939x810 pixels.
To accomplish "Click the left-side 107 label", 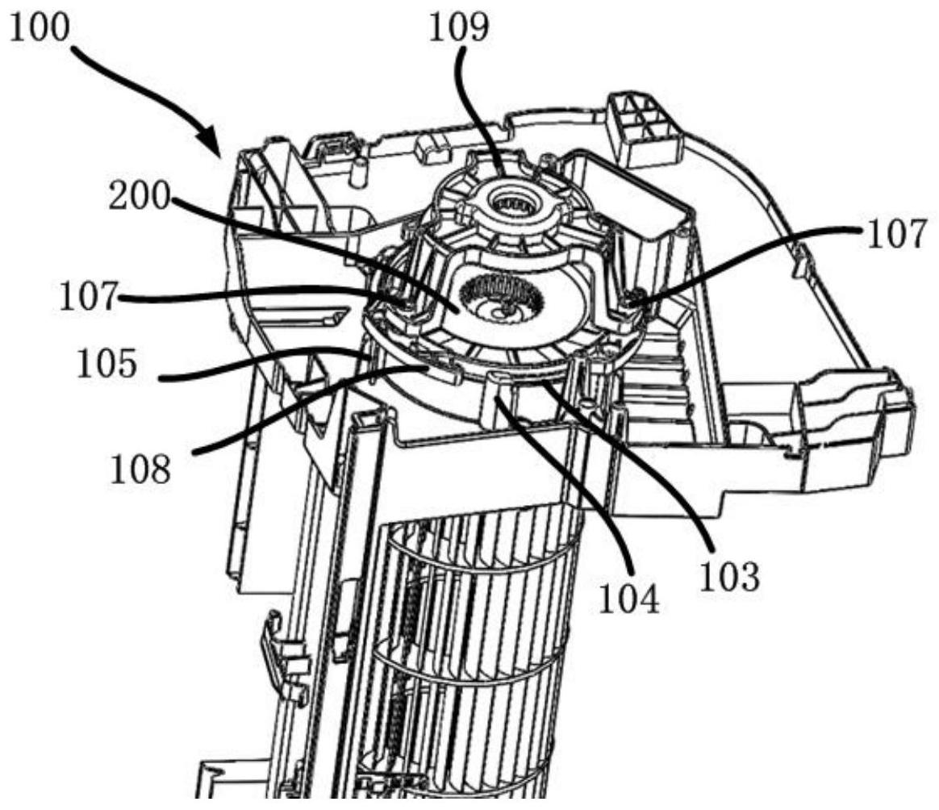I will pos(87,297).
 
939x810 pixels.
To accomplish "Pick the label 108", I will pos(140,468).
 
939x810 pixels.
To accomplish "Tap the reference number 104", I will pos(628,599).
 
